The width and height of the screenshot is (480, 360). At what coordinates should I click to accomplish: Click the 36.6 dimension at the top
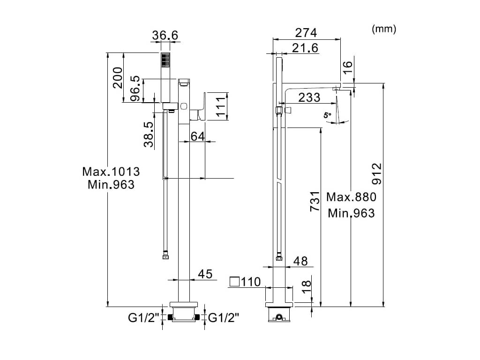tap(165, 36)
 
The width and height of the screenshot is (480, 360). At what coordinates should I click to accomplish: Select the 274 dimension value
tap(306, 33)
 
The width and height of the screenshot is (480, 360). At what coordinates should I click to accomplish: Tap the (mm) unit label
tap(384, 29)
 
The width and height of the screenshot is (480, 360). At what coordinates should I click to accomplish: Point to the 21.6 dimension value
tap(305, 48)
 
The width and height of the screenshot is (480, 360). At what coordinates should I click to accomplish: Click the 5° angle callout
tap(328, 115)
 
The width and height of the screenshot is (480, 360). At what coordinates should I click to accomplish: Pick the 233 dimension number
tap(309, 97)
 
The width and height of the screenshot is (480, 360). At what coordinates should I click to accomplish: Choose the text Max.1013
tap(111, 172)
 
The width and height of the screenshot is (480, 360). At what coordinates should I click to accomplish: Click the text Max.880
tap(351, 197)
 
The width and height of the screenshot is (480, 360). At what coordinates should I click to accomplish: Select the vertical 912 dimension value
tap(377, 173)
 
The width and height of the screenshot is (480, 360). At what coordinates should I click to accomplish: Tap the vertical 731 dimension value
tap(315, 202)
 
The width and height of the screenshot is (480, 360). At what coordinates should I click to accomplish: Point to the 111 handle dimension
tap(221, 106)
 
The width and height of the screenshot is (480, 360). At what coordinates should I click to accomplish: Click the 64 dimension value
tap(197, 136)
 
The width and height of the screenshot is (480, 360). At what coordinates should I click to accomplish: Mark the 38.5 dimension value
tap(149, 134)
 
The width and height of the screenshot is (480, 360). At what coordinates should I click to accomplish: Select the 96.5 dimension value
tap(135, 89)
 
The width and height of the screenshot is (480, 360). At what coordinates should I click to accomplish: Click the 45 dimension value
tap(205, 274)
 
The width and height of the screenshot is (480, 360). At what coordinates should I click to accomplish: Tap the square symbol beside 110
tap(234, 281)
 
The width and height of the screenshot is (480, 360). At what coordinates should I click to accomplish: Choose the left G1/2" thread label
tap(143, 318)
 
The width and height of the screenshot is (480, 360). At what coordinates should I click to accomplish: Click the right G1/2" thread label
tap(224, 318)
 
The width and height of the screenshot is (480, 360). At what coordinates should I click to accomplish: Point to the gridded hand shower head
tap(165, 60)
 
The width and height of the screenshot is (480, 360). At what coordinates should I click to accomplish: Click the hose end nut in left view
tap(165, 255)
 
